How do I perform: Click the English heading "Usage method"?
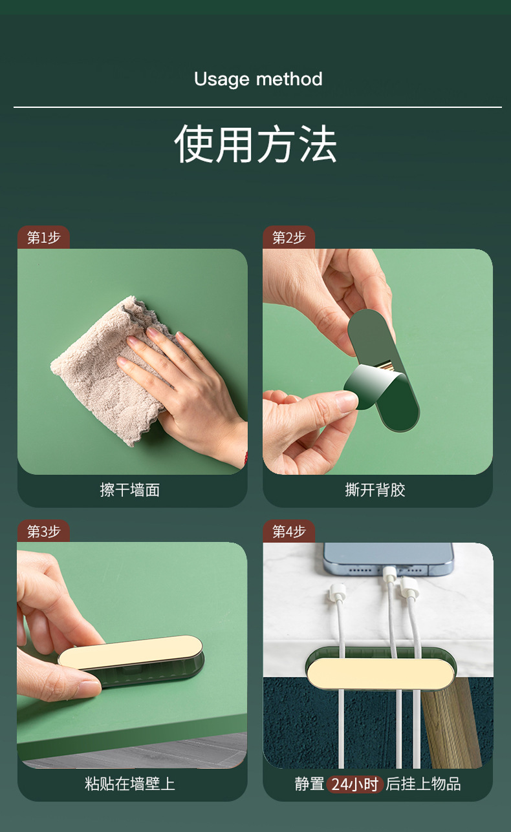click(x=258, y=79)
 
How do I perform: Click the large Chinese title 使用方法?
click(x=255, y=143)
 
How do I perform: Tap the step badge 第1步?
click(x=43, y=238)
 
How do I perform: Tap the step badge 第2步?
click(x=288, y=238)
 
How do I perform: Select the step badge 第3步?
click(x=43, y=531)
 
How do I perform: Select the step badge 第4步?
click(x=288, y=531)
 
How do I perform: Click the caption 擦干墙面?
click(x=130, y=490)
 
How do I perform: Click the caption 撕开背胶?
click(x=375, y=490)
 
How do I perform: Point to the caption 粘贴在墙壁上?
click(x=130, y=784)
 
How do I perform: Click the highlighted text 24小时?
click(x=355, y=784)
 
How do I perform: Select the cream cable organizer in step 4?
click(x=380, y=674)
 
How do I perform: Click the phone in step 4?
click(x=388, y=557)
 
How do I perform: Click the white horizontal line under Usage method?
click(x=257, y=107)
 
